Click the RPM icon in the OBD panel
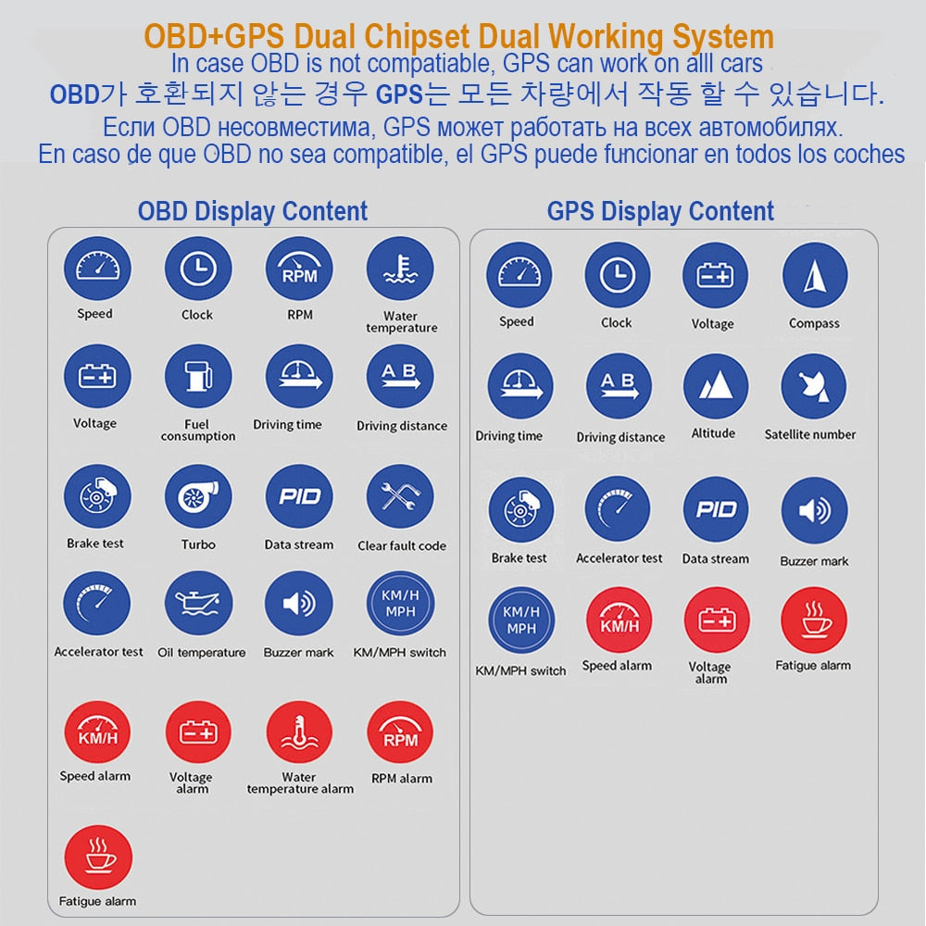coord(299,270)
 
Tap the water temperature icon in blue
coord(400,270)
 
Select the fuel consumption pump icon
coord(197,379)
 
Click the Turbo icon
coord(197,497)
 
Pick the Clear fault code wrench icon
coord(400,497)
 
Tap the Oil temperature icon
coord(198,604)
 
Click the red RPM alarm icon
coord(400,732)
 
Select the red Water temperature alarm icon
coord(299,732)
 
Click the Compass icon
coord(815,276)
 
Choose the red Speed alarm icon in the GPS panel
coord(618,619)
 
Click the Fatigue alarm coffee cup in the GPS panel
coord(813,619)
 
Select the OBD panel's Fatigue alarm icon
coord(98,857)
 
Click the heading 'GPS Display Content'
coord(660,211)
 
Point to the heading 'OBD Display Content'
coord(253,211)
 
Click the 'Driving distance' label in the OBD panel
coord(402,426)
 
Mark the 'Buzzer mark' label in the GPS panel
coord(814,561)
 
